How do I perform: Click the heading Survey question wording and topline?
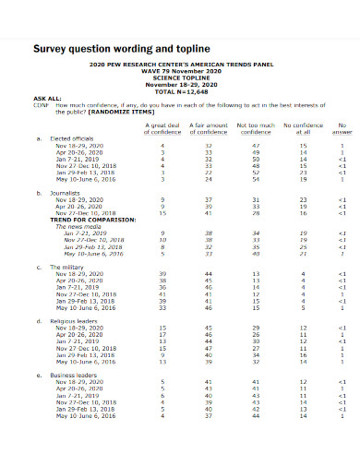pyautogui.click(x=122, y=47)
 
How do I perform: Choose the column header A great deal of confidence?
pyautogui.click(x=162, y=128)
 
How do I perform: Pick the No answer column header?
pyautogui.click(x=342, y=128)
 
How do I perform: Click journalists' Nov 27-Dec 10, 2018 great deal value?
pyautogui.click(x=162, y=212)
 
